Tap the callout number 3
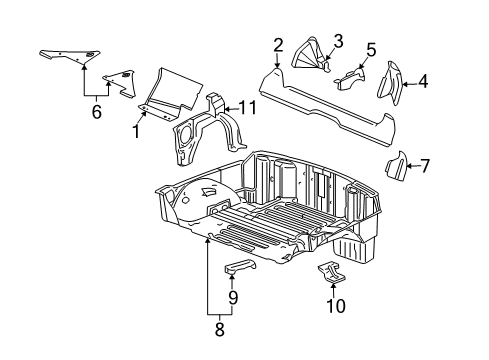[338, 40]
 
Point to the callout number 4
[424, 82]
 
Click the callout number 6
[96, 113]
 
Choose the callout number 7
[426, 165]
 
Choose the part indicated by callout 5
[350, 74]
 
